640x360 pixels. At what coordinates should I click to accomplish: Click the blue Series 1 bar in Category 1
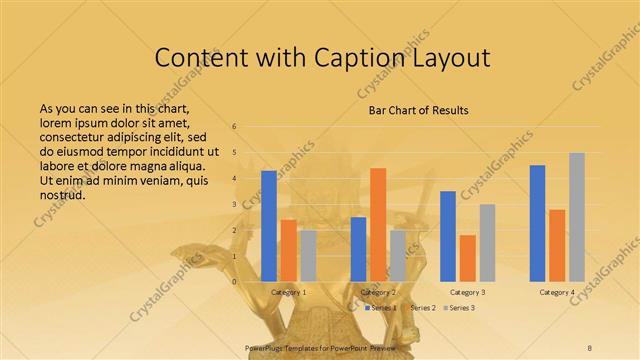[x=268, y=226]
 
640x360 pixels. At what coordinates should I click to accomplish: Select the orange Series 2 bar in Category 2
[x=378, y=225]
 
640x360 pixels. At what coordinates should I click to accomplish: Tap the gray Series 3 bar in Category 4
[x=577, y=217]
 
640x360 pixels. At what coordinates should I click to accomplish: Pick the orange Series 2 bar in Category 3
[x=467, y=258]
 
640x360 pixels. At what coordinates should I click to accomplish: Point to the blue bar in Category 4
[x=537, y=223]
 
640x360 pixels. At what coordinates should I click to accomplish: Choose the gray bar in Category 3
[x=487, y=243]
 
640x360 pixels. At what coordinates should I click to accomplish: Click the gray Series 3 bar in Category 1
[x=308, y=256]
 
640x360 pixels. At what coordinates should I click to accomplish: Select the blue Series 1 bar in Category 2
[x=358, y=249]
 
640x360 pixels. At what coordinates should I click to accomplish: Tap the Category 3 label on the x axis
[x=467, y=292]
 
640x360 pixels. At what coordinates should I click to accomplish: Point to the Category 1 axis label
[x=288, y=292]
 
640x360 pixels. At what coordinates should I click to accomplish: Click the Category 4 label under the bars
[x=557, y=292]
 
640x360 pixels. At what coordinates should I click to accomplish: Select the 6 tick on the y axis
[x=234, y=127]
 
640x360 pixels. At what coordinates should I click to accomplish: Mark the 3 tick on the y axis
[x=234, y=204]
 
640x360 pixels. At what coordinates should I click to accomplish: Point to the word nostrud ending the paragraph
[x=61, y=194]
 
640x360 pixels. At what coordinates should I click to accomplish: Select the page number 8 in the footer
[x=590, y=346]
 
